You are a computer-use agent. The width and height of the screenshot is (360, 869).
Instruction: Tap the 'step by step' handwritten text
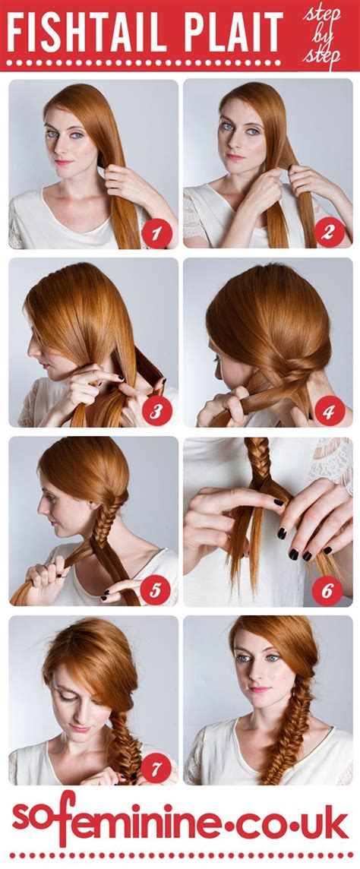(x=321, y=35)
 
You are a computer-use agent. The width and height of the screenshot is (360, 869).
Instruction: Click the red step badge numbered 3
(x=156, y=411)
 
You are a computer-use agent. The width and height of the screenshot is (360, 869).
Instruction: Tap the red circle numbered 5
(x=156, y=590)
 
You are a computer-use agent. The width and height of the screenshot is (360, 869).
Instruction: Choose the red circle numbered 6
(x=328, y=590)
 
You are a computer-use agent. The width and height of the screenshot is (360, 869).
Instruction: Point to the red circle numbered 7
(x=156, y=769)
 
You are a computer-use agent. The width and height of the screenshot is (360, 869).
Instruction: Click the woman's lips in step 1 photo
(x=63, y=162)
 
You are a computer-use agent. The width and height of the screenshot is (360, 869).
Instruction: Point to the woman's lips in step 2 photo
(x=235, y=157)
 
